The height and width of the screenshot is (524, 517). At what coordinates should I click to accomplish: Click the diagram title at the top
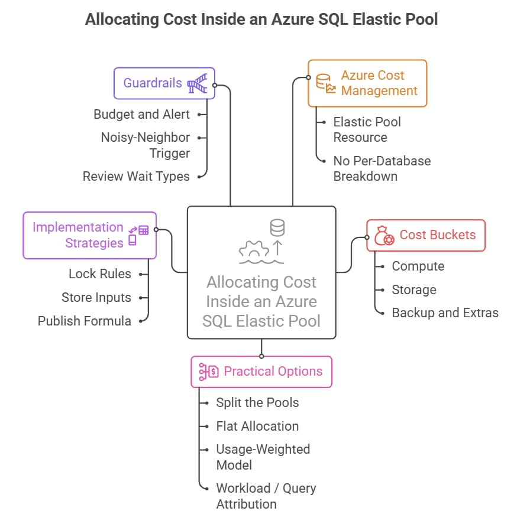[x=261, y=19]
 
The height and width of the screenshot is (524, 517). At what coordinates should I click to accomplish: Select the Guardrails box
[x=164, y=83]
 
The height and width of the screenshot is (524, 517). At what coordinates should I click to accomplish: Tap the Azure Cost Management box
[x=367, y=83]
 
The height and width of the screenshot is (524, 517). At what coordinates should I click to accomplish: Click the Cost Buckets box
[x=425, y=235]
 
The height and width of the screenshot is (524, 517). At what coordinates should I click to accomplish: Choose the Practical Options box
[x=261, y=372]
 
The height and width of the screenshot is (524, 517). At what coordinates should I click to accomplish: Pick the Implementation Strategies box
[x=89, y=235]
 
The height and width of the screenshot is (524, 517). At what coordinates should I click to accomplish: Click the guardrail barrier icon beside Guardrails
[x=197, y=84]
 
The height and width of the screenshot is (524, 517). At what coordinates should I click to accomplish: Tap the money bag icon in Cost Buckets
[x=384, y=236]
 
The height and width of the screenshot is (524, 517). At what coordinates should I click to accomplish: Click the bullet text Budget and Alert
[x=142, y=115]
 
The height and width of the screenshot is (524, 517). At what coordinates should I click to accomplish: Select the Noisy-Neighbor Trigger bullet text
[x=146, y=145]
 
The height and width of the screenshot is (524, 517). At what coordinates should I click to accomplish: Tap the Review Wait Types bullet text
[x=136, y=176]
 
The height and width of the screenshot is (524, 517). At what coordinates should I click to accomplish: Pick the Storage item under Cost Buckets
[x=414, y=289]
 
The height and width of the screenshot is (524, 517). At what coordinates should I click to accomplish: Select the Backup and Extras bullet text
[x=445, y=313]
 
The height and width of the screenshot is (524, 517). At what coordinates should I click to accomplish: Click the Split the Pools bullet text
[x=257, y=403]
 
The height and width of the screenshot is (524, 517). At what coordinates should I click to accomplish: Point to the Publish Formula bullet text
[x=85, y=321]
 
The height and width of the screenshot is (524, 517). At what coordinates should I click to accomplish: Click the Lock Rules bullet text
[x=100, y=274]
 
